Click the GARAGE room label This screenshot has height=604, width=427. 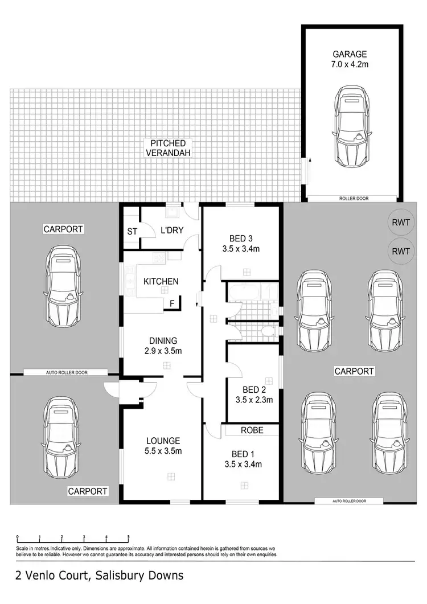click(x=350, y=55)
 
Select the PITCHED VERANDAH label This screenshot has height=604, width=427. click(x=169, y=148)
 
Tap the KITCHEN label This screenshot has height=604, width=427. click(x=161, y=281)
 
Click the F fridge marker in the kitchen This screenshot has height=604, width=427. click(x=172, y=304)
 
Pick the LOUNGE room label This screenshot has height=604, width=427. click(x=162, y=440)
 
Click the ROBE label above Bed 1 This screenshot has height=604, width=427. click(x=251, y=430)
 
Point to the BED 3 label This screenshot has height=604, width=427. click(x=242, y=238)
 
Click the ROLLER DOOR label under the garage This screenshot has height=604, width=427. click(x=350, y=199)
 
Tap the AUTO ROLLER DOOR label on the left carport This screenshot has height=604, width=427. click(x=65, y=372)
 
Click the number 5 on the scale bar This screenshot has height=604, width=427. click(x=128, y=537)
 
